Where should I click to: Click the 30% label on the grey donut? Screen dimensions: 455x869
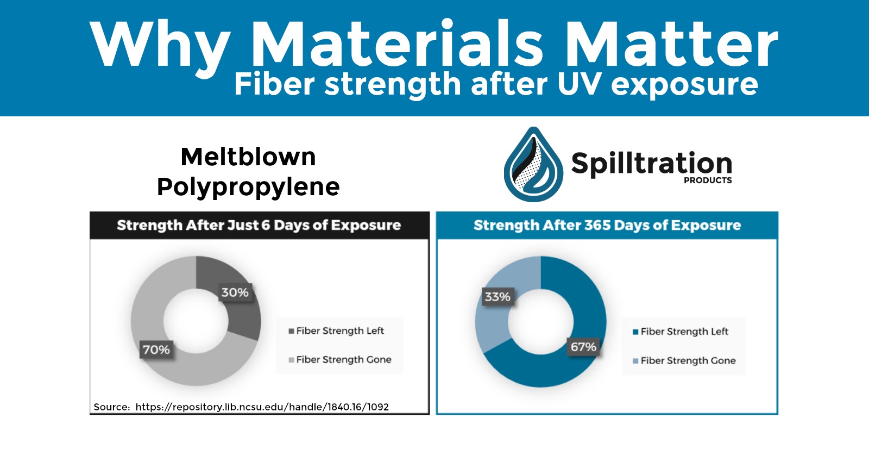pos(235,293)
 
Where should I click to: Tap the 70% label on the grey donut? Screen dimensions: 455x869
pos(156,350)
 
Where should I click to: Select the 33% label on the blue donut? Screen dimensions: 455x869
pos(498,297)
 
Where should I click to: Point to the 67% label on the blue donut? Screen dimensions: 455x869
pos(583,347)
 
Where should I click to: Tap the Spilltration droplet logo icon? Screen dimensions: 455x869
pos(533,165)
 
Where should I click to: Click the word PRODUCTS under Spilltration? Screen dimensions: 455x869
pos(708,180)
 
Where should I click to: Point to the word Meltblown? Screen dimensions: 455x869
pos(248,157)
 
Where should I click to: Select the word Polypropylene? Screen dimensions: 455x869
pos(248,187)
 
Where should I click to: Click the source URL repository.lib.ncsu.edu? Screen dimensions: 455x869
pos(262,407)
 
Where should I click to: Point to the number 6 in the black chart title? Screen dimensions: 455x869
pos(266,226)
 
